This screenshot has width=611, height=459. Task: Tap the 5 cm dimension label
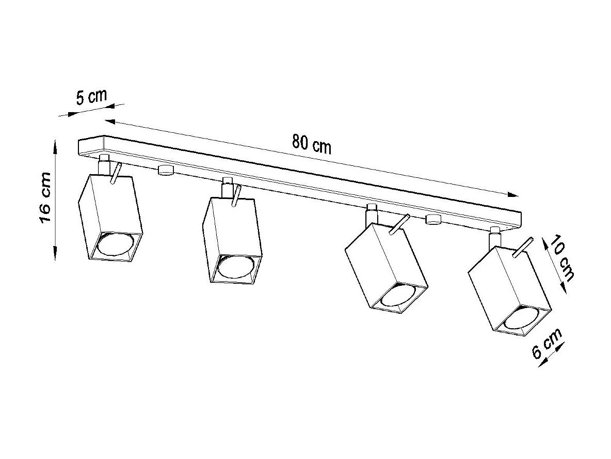(x=91, y=97)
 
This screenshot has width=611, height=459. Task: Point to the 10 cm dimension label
(x=561, y=258)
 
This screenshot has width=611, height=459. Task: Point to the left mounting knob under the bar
(x=165, y=171)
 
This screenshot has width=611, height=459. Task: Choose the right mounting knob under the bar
(x=432, y=220)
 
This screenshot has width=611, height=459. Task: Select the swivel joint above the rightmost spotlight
(x=494, y=236)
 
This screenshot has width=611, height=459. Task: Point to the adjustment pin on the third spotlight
(x=400, y=224)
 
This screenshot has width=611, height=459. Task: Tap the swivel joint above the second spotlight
(x=227, y=187)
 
